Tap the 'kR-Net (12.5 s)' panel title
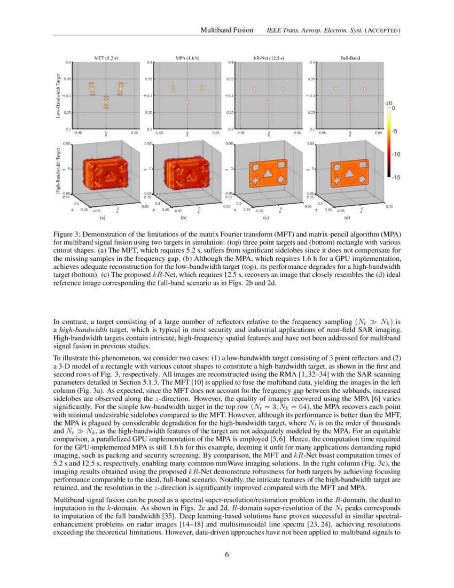click(x=268, y=57)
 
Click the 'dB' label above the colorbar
click(x=389, y=102)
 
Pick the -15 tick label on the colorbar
click(x=396, y=177)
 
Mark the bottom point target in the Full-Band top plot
click(x=350, y=102)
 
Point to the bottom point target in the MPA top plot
click(x=187, y=102)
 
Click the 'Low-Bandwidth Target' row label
click(x=58, y=96)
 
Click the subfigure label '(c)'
click(x=265, y=218)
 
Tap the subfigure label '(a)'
click(x=103, y=218)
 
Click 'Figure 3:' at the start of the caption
click(x=68, y=235)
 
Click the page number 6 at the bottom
click(x=227, y=554)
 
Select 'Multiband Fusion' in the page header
click(x=226, y=30)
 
